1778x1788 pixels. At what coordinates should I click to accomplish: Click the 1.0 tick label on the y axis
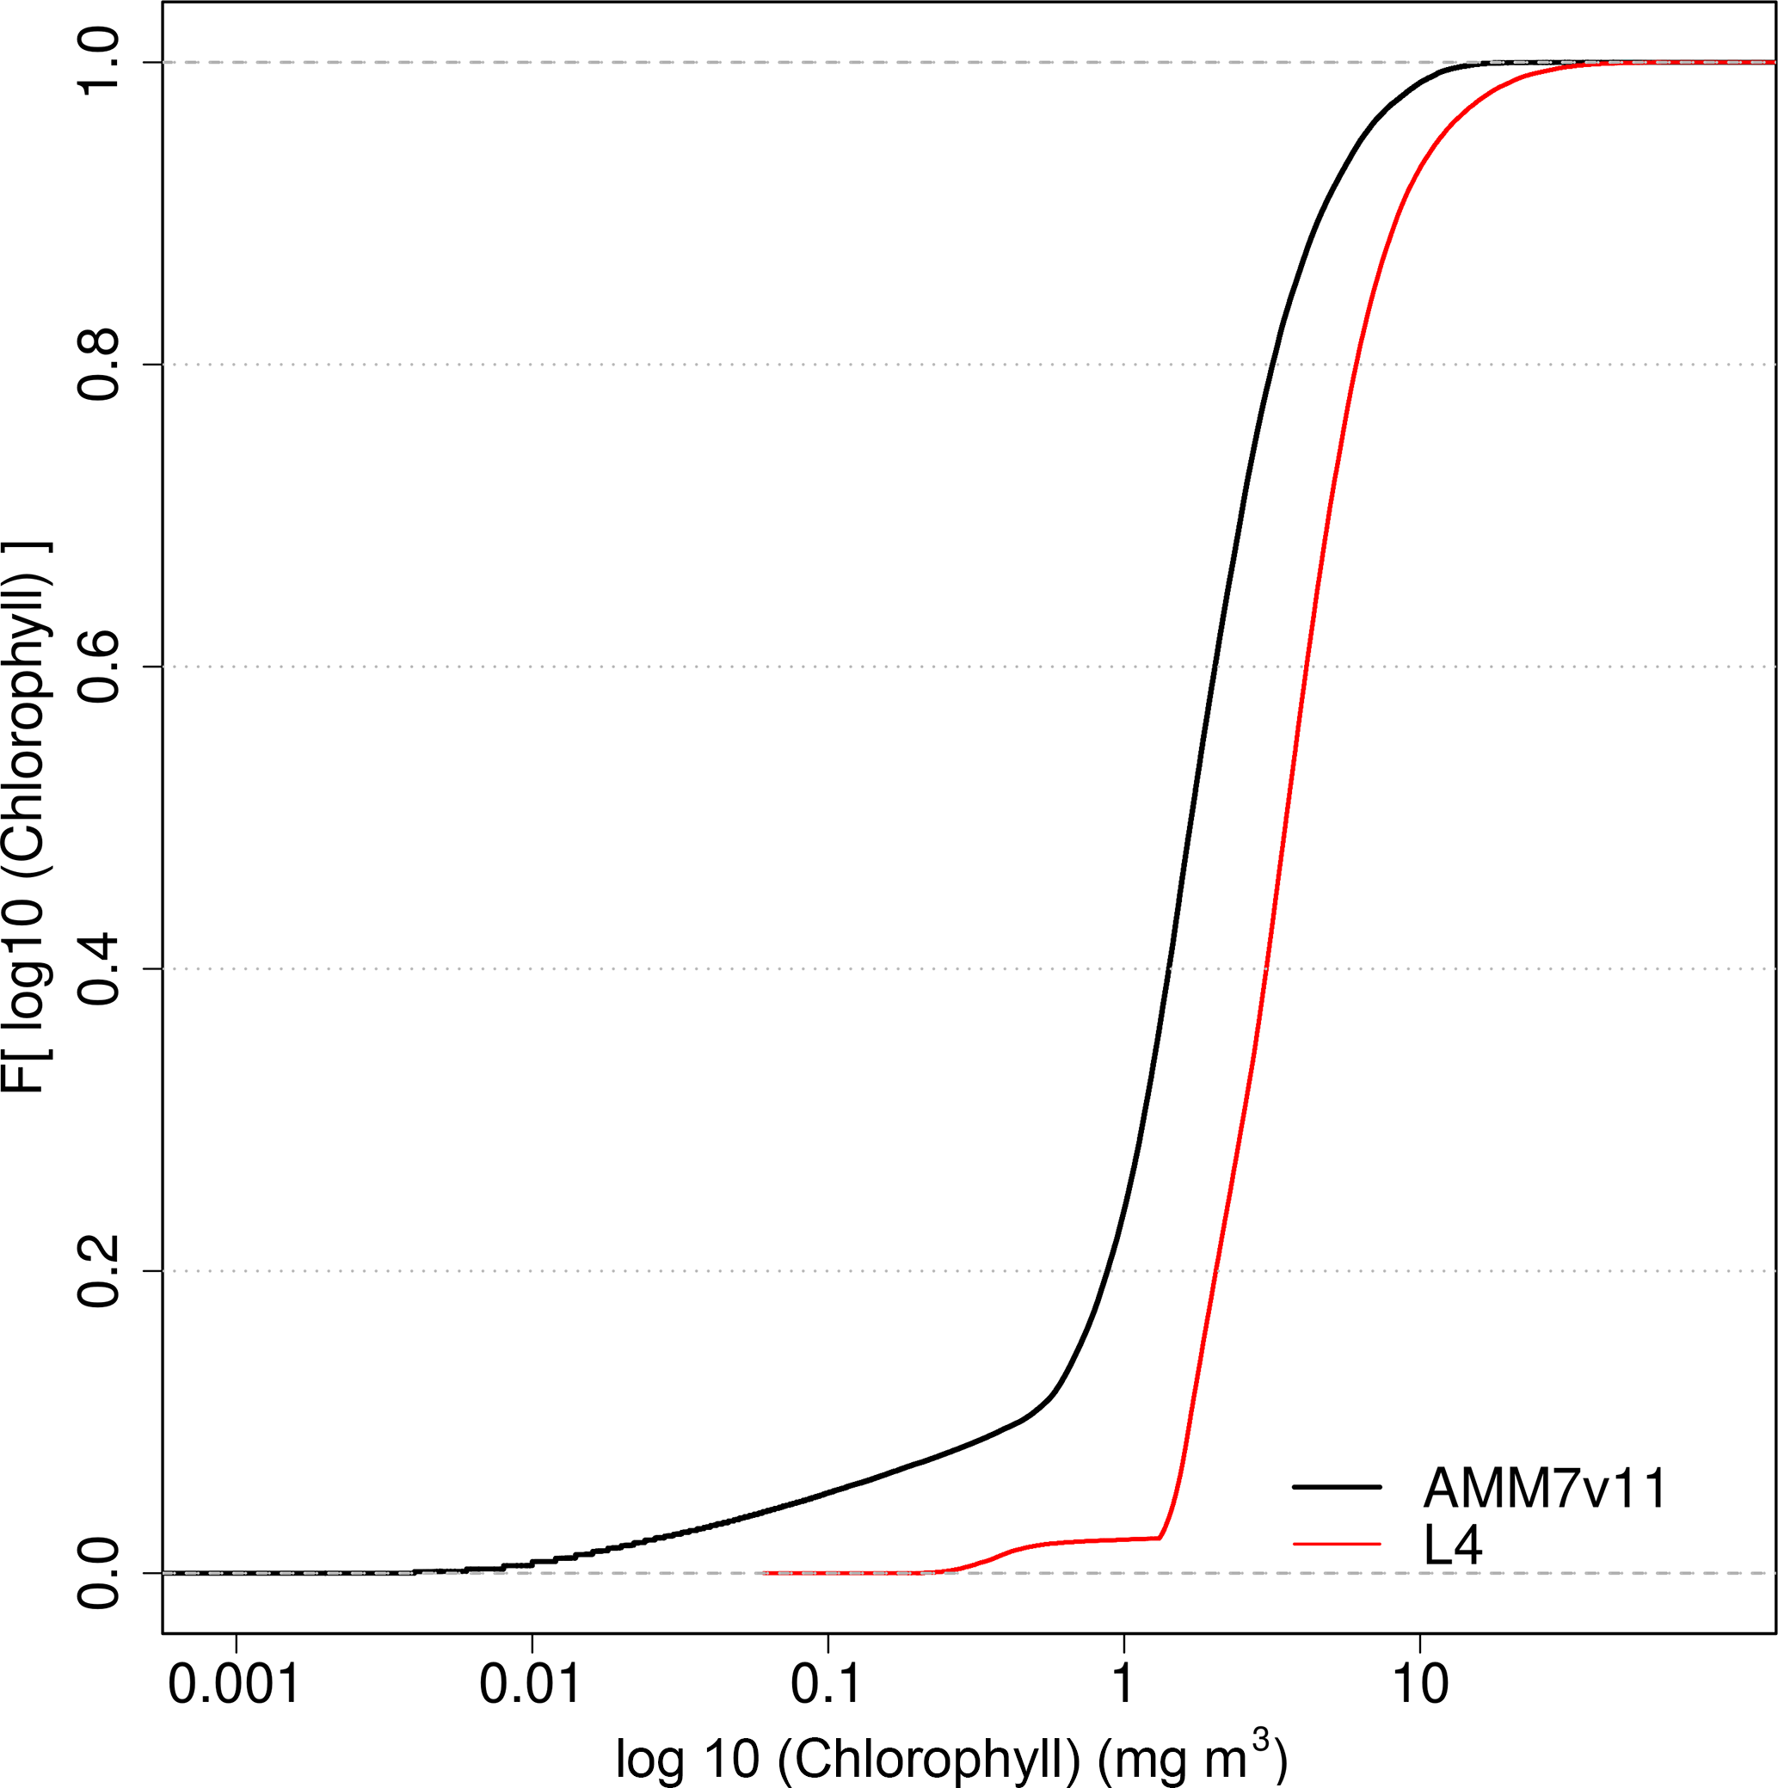[99, 62]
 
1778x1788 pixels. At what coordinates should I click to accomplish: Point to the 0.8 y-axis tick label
[99, 365]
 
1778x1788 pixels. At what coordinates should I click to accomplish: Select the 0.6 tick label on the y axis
[99, 667]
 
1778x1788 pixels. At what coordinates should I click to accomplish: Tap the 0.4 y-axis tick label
[99, 969]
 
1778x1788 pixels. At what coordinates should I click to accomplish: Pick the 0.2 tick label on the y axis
[99, 1270]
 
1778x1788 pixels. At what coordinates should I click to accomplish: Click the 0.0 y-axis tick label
[99, 1572]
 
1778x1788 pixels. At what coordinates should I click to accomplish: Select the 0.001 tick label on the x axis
[235, 1682]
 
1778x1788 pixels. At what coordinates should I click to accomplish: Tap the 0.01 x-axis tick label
[531, 1682]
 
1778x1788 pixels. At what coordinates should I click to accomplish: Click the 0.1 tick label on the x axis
[827, 1682]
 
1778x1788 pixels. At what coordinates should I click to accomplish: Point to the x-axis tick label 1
[1123, 1682]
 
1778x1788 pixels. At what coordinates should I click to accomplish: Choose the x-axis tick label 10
[1420, 1682]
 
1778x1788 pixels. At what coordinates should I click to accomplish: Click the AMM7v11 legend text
[1545, 1489]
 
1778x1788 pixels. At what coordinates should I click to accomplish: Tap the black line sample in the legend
[1337, 1487]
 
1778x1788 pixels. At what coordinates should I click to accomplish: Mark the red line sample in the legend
[1337, 1544]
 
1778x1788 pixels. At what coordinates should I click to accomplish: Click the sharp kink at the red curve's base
[1160, 1538]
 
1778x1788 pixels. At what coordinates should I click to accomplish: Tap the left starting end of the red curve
[765, 1572]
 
